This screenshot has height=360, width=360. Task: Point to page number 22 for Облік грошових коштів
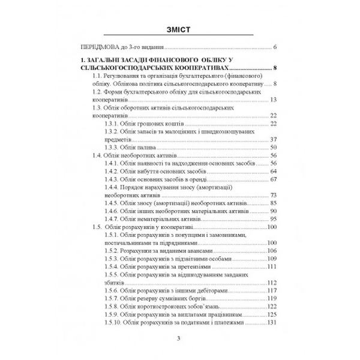[x=272, y=124]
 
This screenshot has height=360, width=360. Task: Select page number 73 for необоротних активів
[x=272, y=195]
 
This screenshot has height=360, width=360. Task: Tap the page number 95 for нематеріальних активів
[x=272, y=219]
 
